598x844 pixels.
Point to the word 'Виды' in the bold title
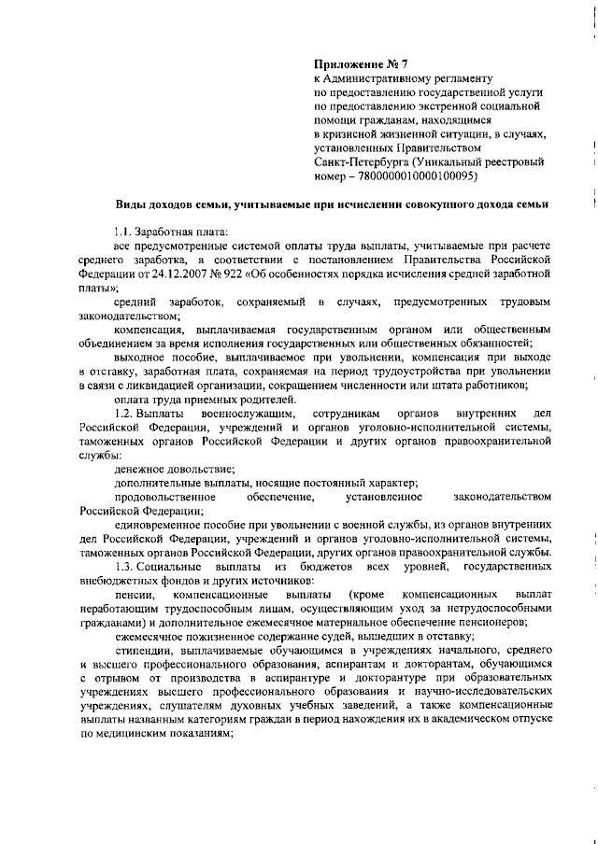pyautogui.click(x=131, y=204)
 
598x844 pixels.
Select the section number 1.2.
pyautogui.click(x=122, y=414)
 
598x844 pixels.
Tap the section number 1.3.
pyautogui.click(x=122, y=567)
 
